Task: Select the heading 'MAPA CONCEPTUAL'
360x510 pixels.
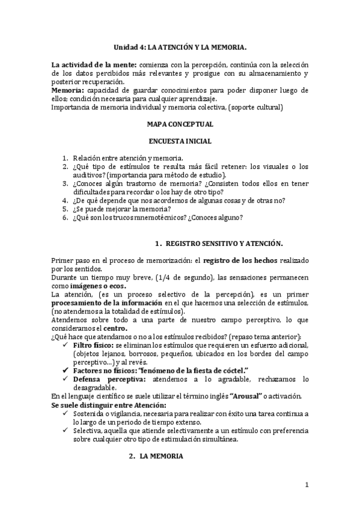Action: point(180,124)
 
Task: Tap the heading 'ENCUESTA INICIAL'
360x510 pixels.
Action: point(180,141)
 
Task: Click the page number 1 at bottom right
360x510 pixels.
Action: point(307,485)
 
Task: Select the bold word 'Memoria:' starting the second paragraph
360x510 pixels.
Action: point(67,90)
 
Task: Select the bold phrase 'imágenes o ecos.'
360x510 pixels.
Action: point(92,286)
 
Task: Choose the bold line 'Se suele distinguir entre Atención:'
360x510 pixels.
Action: point(106,405)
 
